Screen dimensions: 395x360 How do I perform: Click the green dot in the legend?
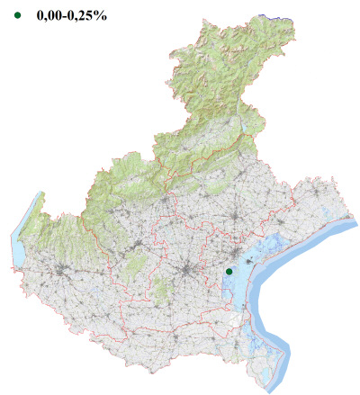[x=16, y=15]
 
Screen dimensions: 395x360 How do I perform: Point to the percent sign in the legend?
[x=102, y=15]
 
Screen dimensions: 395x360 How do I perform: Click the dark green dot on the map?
[x=229, y=271]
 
